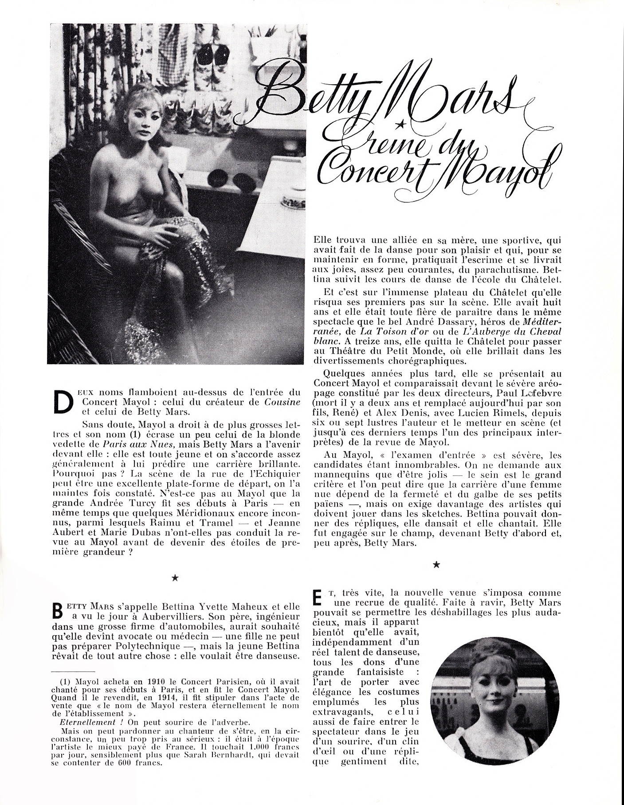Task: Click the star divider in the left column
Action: (x=175, y=577)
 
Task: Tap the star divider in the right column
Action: (x=436, y=564)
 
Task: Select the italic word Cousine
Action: (x=282, y=402)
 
